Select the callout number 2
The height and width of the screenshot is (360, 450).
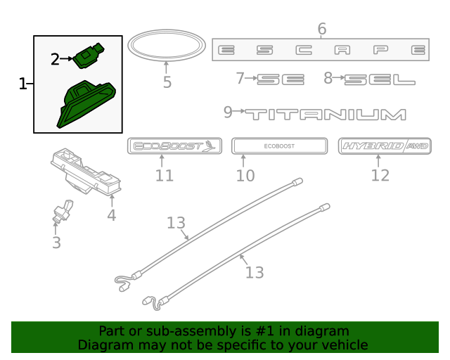point(55,60)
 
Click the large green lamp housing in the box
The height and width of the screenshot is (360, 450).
point(85,104)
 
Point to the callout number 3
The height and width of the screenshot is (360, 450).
point(56,243)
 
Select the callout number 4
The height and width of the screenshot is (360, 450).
point(112,215)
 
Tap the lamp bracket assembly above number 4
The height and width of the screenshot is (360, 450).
point(86,172)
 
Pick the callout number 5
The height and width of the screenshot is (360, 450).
point(167,82)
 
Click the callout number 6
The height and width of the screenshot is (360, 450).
point(322,29)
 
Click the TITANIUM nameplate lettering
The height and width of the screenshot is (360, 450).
point(325,114)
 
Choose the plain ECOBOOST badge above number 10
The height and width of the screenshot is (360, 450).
point(279,146)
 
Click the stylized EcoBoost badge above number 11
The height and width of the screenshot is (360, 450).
point(174,146)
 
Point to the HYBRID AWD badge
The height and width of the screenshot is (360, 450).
point(385,146)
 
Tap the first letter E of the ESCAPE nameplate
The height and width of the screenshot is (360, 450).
point(226,50)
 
